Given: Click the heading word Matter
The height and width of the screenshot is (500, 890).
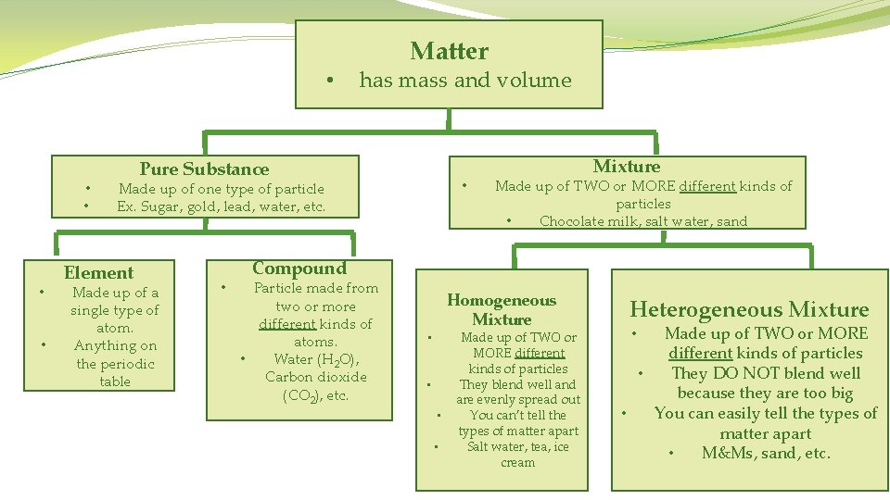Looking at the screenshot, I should [x=449, y=51].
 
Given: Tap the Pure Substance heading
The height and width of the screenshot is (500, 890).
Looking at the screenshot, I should [x=204, y=169].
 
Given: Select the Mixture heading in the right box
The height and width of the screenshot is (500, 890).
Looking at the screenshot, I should [x=627, y=166].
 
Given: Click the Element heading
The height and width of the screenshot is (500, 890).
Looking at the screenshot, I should [x=98, y=272].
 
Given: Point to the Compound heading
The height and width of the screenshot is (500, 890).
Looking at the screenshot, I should [x=299, y=269].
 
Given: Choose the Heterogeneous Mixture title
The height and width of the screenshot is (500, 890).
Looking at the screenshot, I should [x=749, y=309].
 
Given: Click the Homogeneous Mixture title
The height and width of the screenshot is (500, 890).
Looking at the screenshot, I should [x=502, y=309].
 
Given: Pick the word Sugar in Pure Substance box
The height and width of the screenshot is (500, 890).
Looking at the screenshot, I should [x=163, y=206].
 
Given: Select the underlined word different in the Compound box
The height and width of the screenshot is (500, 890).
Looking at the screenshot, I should [x=288, y=324].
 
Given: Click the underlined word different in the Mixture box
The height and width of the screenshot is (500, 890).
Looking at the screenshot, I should [x=707, y=186].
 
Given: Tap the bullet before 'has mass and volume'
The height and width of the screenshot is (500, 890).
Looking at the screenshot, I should [x=331, y=81].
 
